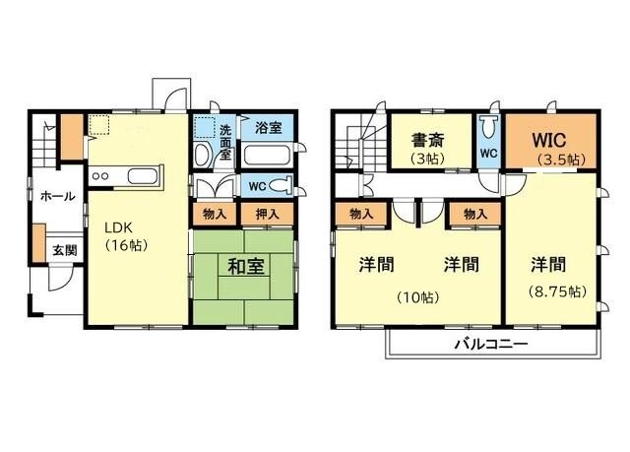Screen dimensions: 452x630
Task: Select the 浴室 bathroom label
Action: click(268, 128)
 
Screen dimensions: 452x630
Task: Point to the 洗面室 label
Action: click(225, 142)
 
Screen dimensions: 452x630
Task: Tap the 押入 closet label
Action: click(268, 214)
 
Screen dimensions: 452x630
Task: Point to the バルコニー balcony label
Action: click(490, 345)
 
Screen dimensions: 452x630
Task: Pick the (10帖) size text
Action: click(419, 295)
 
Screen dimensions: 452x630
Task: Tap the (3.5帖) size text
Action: click(560, 159)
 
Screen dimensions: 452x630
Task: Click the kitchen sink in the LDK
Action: click(142, 177)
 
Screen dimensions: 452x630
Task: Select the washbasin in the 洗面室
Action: click(202, 155)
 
